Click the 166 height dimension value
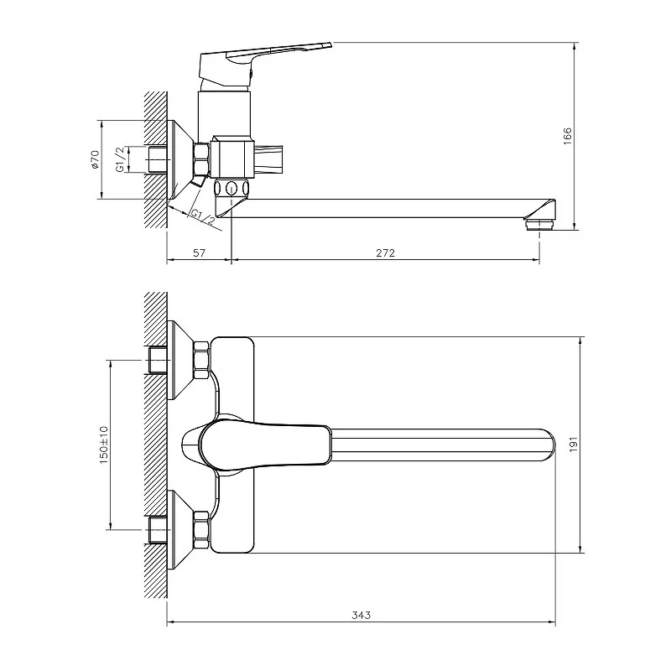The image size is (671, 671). pos(568,136)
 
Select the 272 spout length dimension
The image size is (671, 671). pos(386,253)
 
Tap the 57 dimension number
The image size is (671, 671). pos(199,253)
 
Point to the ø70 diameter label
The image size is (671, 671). pos(95,159)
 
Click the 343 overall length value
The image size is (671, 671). pos(362,615)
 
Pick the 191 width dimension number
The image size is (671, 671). pos(574,445)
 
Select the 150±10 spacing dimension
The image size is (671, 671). pos(103,445)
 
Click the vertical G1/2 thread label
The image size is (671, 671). pos(120,159)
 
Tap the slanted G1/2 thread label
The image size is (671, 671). pos(203,217)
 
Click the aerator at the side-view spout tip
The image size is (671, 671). pos(539,225)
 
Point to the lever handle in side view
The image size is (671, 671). pos(265,65)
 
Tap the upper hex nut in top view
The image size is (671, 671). pos(201,360)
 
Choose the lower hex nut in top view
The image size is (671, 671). pos(201,531)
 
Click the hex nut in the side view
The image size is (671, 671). pos(201,159)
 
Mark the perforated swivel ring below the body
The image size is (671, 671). pos(231,187)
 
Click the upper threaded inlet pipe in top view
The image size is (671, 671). pos(158,360)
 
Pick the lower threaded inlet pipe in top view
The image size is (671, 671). pos(158,531)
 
